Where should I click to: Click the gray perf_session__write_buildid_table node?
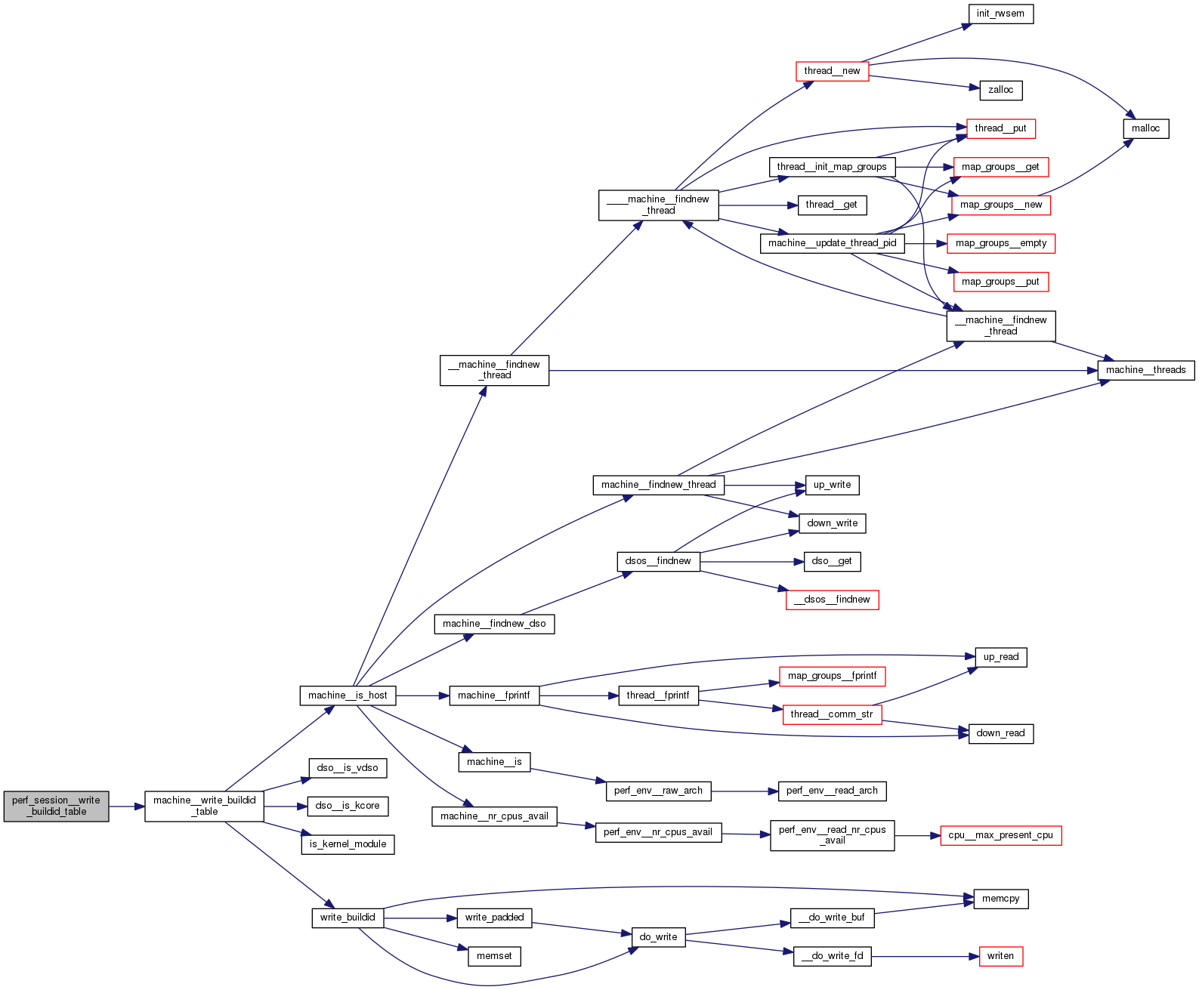click(56, 806)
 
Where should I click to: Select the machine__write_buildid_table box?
click(204, 806)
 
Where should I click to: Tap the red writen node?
click(1000, 956)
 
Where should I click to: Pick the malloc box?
click(1145, 128)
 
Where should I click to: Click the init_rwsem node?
click(1000, 14)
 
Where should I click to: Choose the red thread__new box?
click(832, 71)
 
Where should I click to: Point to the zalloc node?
click(1000, 90)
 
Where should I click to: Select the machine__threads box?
click(1145, 370)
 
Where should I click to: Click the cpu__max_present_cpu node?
click(1000, 835)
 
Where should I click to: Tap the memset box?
click(494, 956)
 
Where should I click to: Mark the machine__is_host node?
click(348, 695)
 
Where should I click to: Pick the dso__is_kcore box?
click(348, 806)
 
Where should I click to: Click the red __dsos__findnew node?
click(832, 600)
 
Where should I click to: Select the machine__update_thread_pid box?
click(832, 243)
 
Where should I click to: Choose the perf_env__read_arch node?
click(832, 791)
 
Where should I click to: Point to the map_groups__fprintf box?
click(832, 676)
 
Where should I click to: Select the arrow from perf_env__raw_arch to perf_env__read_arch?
click(744, 791)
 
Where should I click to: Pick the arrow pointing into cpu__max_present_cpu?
click(917, 836)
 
